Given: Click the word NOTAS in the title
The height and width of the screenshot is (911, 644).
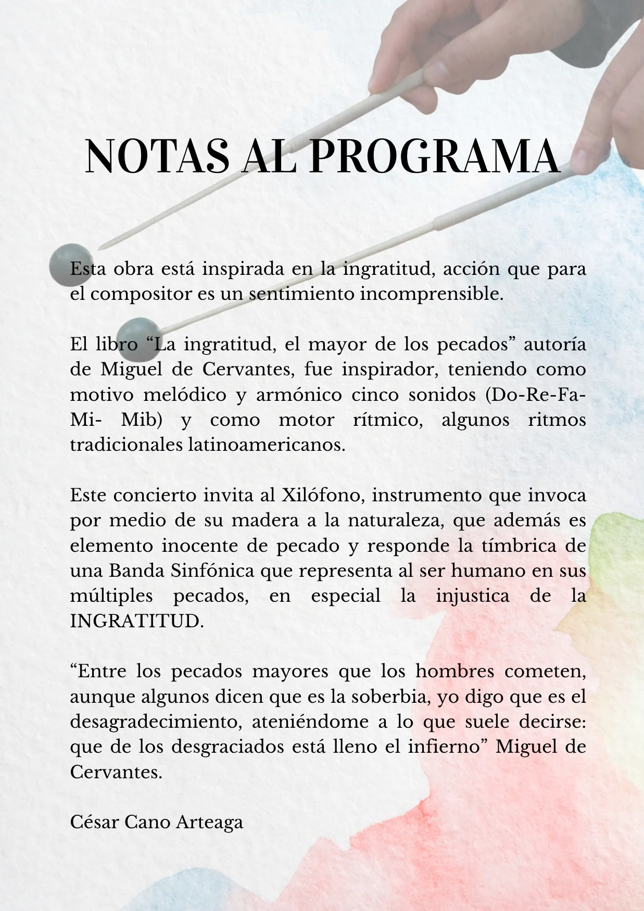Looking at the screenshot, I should (157, 156).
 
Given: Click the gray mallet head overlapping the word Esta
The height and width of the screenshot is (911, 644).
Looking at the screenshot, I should (70, 265).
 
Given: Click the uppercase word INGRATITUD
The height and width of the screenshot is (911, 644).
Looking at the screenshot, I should (136, 621).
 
